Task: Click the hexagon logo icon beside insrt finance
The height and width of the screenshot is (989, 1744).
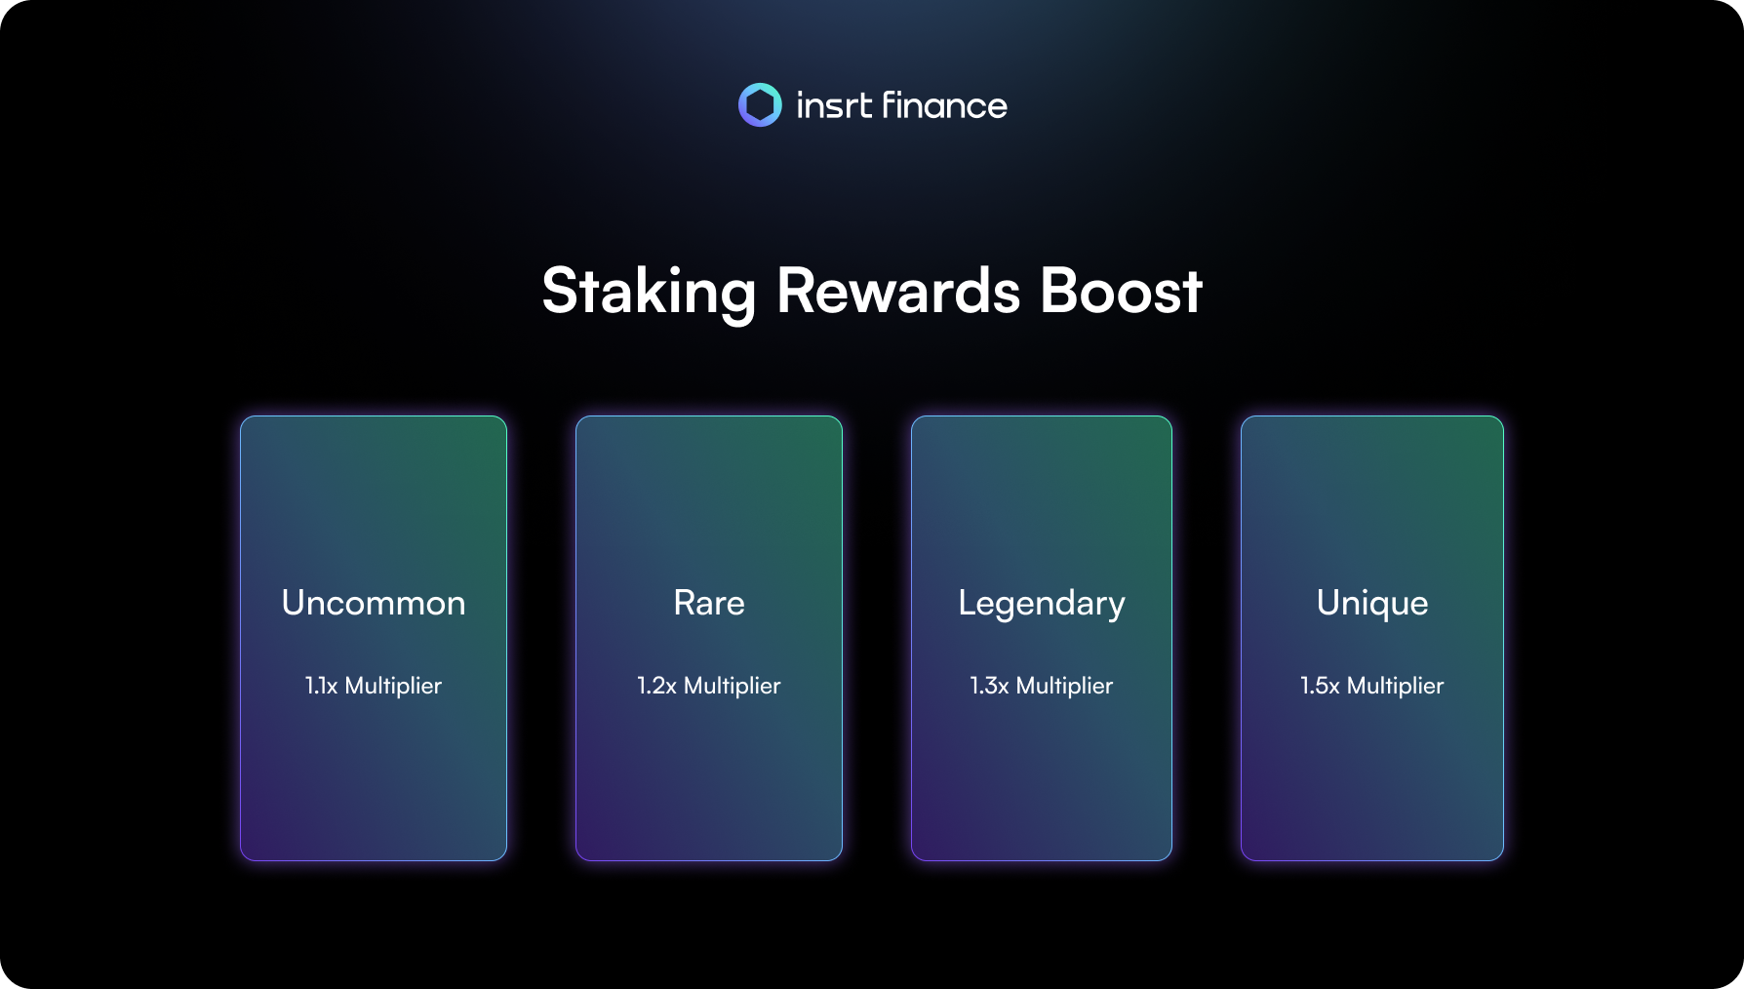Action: [760, 104]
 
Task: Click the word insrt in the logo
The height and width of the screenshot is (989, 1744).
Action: [834, 105]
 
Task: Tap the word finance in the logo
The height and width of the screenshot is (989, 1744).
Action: [944, 105]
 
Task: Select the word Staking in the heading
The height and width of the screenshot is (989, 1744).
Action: [649, 292]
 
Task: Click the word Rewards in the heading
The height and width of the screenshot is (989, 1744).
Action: [898, 291]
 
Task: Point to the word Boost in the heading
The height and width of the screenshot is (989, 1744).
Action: [1121, 291]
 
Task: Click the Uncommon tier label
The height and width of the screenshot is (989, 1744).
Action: [374, 603]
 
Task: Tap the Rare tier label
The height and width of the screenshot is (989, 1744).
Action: [709, 603]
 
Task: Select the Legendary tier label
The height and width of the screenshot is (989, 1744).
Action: [1042, 604]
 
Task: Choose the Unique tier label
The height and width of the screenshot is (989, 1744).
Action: [1372, 604]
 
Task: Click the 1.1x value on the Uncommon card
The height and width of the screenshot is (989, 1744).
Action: [321, 686]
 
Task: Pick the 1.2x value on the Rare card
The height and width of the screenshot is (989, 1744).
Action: [656, 686]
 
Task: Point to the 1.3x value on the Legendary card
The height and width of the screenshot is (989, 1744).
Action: [989, 686]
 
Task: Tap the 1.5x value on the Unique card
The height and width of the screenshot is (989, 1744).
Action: [1320, 686]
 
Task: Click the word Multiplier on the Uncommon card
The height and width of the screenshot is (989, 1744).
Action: [393, 687]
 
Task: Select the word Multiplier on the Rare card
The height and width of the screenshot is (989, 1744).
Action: [733, 687]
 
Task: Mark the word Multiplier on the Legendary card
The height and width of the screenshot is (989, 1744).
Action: [1064, 687]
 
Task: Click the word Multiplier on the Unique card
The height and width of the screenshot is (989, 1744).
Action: [1396, 687]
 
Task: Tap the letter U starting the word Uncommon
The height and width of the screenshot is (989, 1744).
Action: [294, 603]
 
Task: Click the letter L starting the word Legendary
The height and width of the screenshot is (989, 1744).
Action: [968, 603]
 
